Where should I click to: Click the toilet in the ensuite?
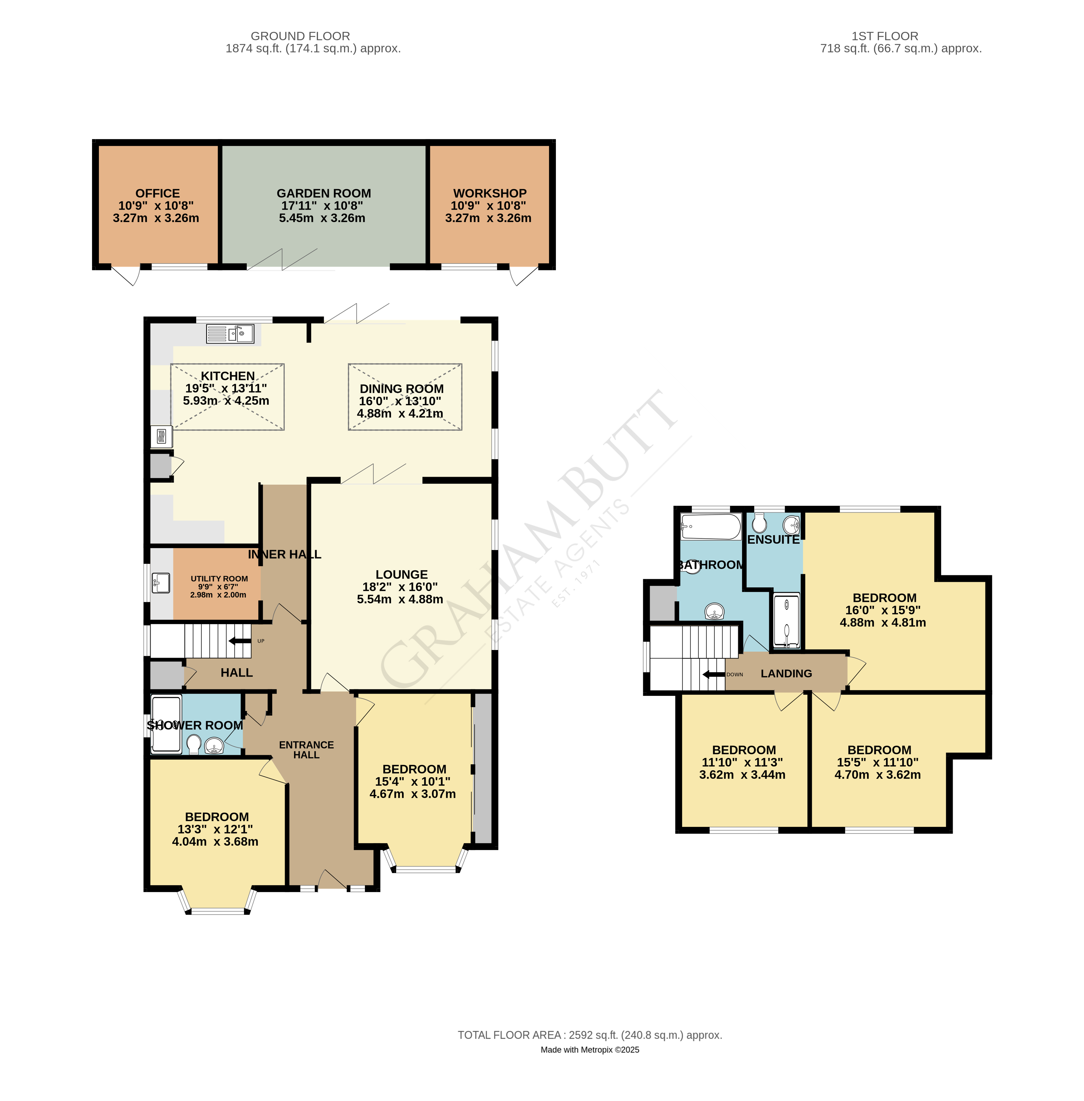pyautogui.click(x=760, y=522)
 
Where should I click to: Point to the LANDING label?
pyautogui.click(x=786, y=673)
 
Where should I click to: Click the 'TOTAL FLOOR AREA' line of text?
pyautogui.click(x=590, y=1035)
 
